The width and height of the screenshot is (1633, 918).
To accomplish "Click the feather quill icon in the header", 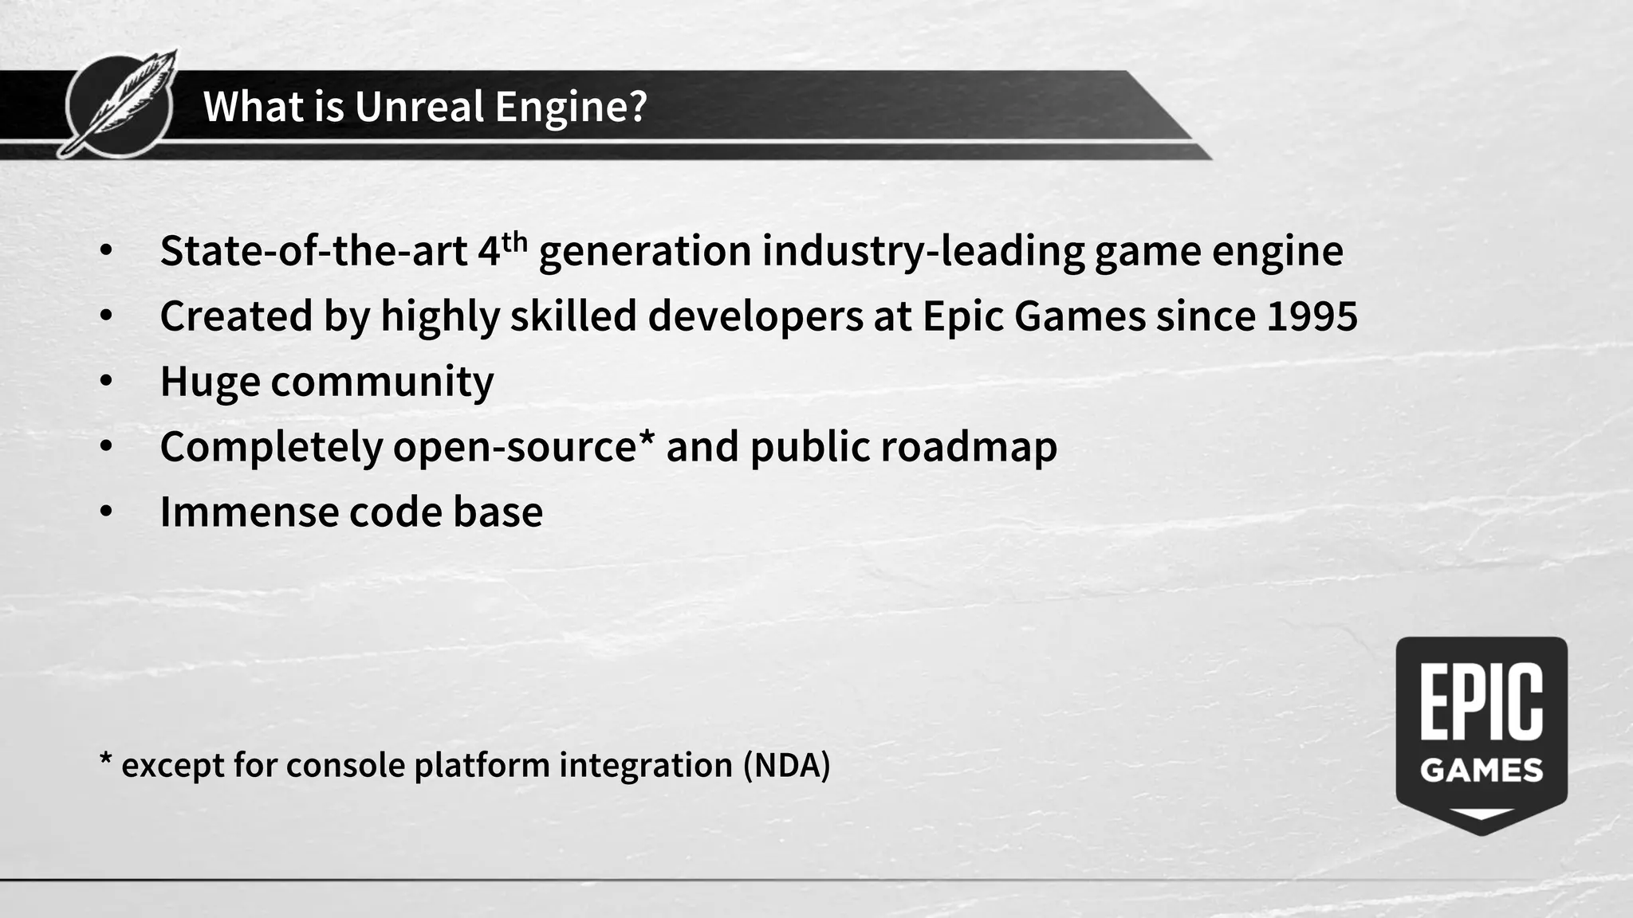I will click(120, 104).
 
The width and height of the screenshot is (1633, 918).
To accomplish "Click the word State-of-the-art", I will click(313, 251).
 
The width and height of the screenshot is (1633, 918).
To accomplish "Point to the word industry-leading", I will click(923, 253).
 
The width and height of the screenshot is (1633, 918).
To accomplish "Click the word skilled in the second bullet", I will click(573, 316).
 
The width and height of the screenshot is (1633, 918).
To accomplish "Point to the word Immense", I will click(248, 512).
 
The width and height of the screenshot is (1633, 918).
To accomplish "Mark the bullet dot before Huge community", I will click(107, 382).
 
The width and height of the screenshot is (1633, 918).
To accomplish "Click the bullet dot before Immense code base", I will click(107, 512).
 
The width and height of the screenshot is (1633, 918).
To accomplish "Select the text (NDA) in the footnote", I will click(786, 765).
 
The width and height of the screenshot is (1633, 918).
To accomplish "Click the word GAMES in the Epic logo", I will click(1482, 771).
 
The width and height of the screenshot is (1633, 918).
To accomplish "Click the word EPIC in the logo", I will click(1482, 703).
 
